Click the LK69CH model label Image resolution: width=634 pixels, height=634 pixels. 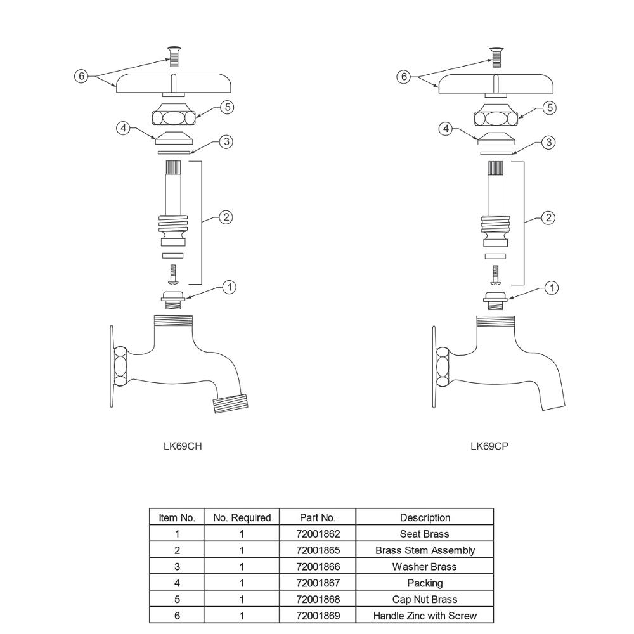183,446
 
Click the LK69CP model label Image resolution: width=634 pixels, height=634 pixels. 489,446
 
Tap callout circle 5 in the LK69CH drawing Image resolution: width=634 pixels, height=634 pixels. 228,107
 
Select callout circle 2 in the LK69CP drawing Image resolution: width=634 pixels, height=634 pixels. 548,218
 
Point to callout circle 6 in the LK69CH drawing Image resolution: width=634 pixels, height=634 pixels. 81,76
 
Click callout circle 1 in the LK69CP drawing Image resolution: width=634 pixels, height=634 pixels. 552,288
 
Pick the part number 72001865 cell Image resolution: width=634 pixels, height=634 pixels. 318,550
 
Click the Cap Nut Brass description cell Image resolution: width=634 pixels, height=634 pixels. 425,599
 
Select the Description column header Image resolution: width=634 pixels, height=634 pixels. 425,517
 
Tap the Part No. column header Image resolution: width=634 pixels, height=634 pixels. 318,517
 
